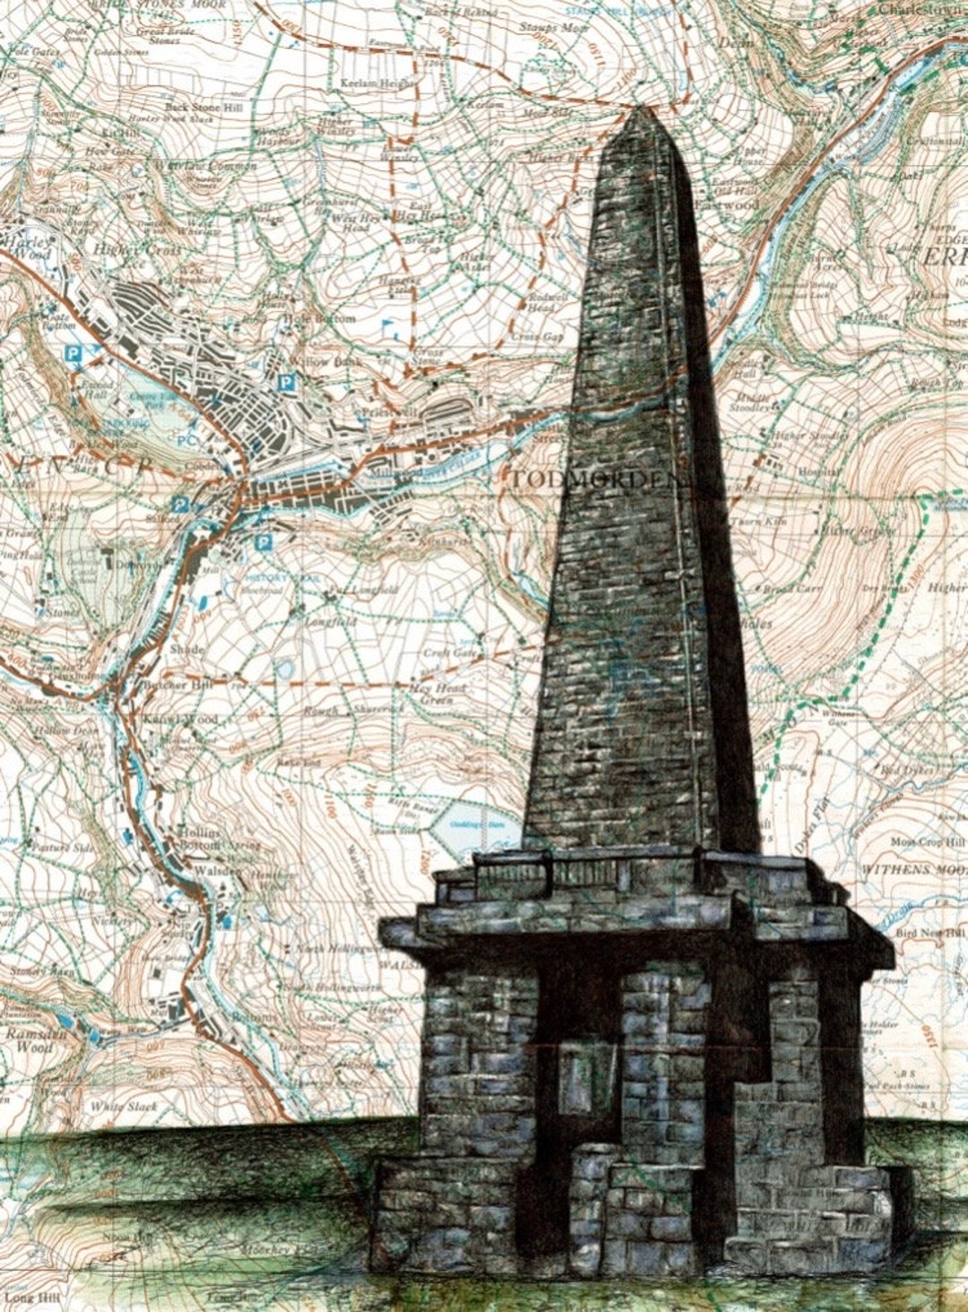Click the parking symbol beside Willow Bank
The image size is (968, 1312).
[287, 383]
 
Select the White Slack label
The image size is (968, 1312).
[123, 1108]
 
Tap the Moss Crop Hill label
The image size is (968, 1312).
[927, 842]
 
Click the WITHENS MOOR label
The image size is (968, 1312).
[913, 869]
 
